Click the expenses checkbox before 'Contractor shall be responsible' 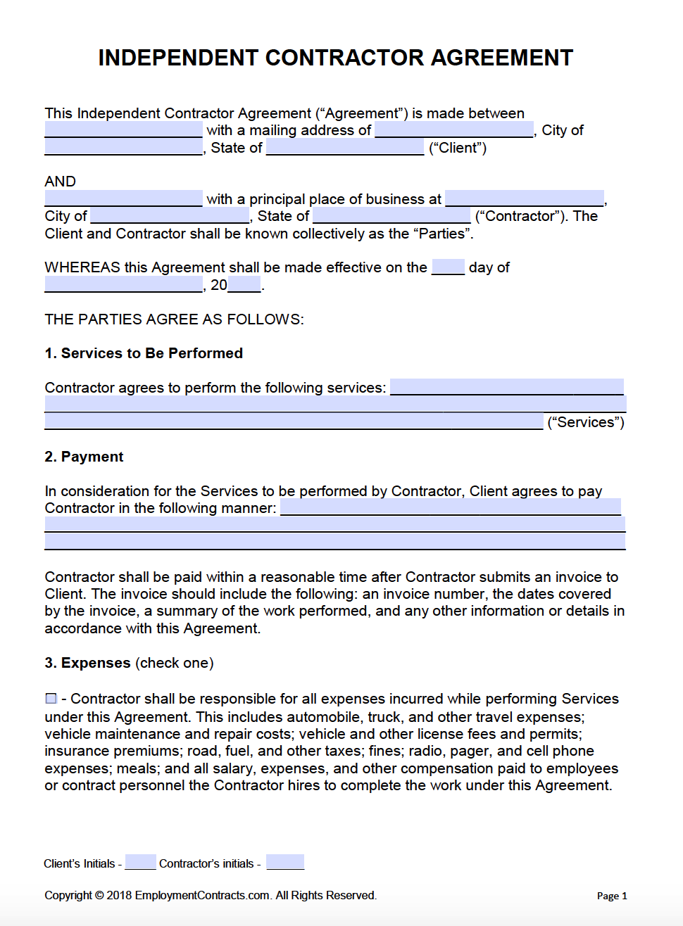click(x=51, y=699)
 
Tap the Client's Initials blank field click(x=140, y=862)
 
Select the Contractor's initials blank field click(x=285, y=862)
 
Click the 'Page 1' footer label click(x=611, y=896)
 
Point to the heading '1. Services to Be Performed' click(x=144, y=353)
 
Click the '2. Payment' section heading click(x=84, y=457)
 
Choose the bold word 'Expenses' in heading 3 click(x=96, y=663)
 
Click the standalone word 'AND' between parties click(x=60, y=182)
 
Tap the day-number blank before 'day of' click(x=448, y=267)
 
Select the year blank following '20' click(x=244, y=284)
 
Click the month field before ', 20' click(x=123, y=284)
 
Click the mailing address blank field click(x=454, y=130)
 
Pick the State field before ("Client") click(x=345, y=148)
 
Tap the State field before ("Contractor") click(x=391, y=216)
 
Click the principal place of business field click(x=525, y=198)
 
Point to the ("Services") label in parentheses click(x=586, y=422)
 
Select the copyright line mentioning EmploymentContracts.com click(x=211, y=895)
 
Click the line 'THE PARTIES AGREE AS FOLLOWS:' click(x=174, y=319)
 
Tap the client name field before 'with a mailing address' click(x=123, y=130)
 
